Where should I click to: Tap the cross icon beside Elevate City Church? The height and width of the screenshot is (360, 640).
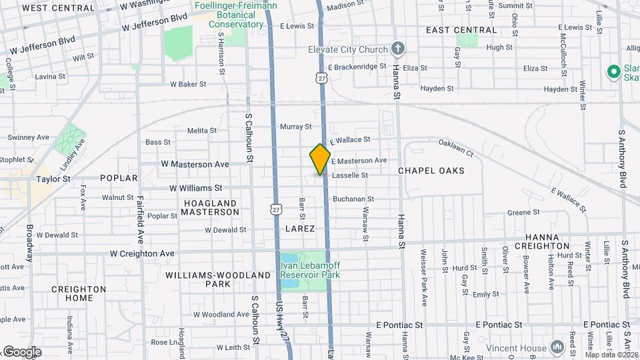(398, 48)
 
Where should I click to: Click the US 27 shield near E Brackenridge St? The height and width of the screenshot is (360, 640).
(322, 78)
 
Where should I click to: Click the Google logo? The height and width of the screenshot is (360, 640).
(21, 352)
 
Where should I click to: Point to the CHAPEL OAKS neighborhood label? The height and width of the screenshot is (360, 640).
(431, 171)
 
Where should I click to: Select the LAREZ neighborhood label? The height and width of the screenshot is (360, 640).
(299, 229)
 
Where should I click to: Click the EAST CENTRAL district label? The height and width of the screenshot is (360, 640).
(461, 30)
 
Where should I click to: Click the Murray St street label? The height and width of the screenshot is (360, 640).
(296, 127)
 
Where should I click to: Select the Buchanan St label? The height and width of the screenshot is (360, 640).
(353, 199)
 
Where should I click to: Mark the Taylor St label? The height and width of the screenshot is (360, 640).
(53, 179)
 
